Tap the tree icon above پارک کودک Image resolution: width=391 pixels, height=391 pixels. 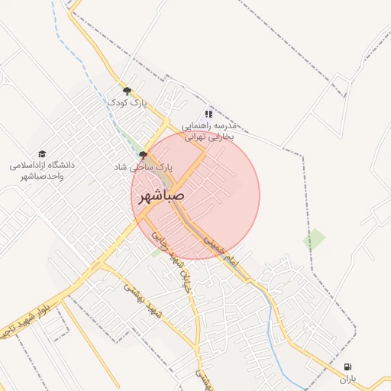pos(127,91)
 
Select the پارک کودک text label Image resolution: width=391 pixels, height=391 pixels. pos(127,102)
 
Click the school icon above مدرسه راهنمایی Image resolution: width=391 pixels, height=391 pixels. pos(208,114)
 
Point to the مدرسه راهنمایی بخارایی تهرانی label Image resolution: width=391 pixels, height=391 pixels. pos(210,131)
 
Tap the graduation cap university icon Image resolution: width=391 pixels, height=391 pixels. pos(42,153)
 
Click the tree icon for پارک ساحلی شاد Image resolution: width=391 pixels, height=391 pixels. pos(143,155)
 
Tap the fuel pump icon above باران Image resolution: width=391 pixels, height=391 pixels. pos(348,367)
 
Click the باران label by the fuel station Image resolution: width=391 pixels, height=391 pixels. pos(348,379)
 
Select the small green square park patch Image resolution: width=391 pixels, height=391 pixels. pos(313,241)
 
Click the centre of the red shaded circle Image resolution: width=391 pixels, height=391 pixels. pos(195,195)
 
